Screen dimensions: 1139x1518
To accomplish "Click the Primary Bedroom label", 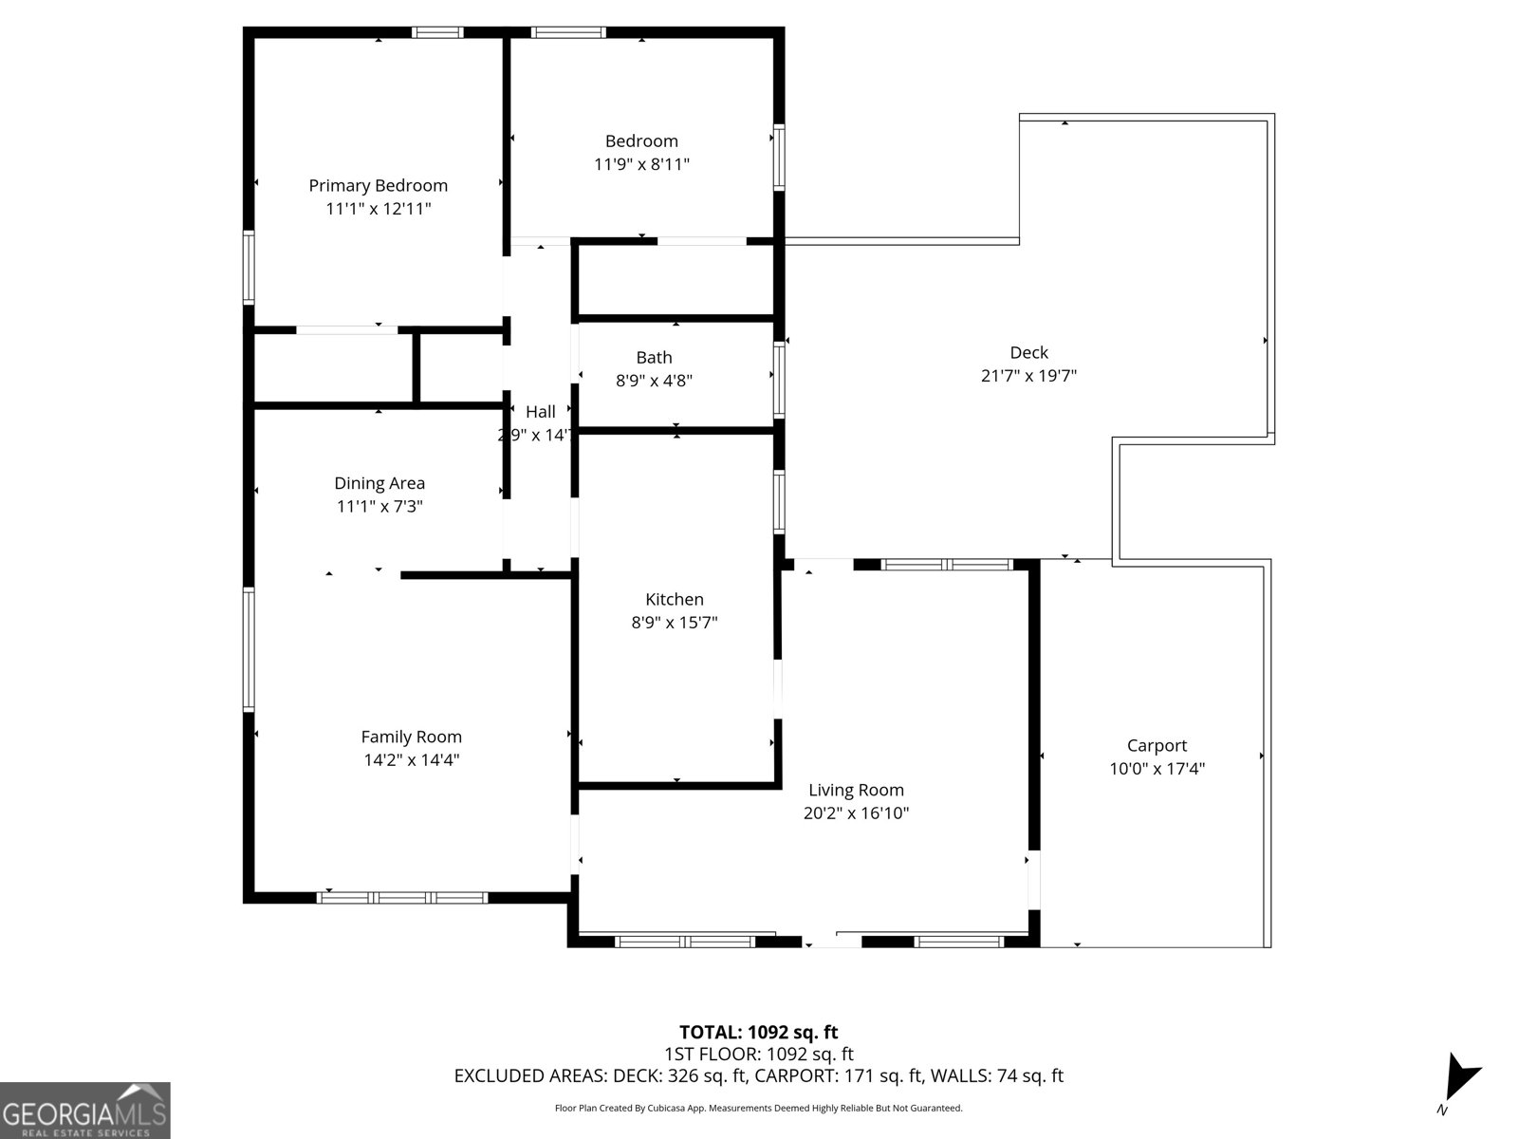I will pos(378,185).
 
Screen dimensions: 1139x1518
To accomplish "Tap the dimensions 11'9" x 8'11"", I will pos(641,164).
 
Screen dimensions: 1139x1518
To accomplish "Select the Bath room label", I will pos(654,357).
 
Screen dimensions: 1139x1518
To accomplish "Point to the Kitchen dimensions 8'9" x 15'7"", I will pos(674,623).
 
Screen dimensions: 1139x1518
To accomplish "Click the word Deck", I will pos(1028,352).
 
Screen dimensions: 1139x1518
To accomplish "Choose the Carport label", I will pos(1157,745).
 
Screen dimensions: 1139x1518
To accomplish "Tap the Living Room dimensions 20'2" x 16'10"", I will pos(856,812).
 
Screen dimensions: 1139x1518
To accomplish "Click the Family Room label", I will pos(411,737).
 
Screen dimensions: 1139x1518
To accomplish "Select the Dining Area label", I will pos(379,483).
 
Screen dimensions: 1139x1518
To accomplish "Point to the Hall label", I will pos(541,411).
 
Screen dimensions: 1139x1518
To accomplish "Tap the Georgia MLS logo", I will pos(84,1110).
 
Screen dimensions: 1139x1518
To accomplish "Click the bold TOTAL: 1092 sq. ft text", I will pos(758,1032).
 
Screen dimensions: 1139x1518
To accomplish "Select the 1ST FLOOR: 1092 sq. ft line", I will pos(758,1054).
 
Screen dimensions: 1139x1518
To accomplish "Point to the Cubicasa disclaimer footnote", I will pos(758,1108).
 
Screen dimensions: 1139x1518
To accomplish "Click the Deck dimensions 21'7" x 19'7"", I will pos(1028,376).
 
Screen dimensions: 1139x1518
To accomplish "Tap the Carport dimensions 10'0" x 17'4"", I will pos(1157,769).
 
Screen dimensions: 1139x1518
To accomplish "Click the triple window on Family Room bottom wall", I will pos(402,897).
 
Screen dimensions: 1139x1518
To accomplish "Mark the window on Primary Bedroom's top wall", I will pos(438,32).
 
